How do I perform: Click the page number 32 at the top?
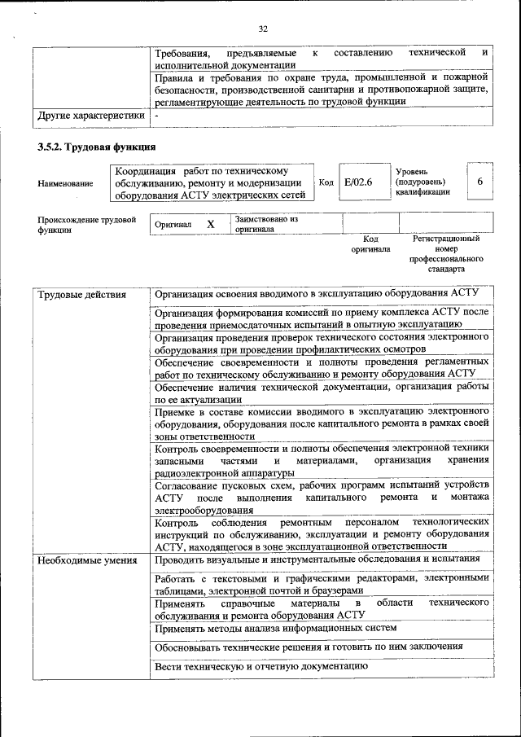tap(262, 29)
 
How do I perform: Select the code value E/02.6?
tap(358, 183)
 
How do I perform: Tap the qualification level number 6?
tap(480, 182)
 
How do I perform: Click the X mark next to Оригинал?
tap(210, 224)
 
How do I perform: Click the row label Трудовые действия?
tap(82, 294)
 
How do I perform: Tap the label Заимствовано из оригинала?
tap(267, 224)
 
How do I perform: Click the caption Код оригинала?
tap(370, 244)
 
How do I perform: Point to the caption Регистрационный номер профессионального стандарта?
tap(445, 253)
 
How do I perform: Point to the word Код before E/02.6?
tap(326, 183)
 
